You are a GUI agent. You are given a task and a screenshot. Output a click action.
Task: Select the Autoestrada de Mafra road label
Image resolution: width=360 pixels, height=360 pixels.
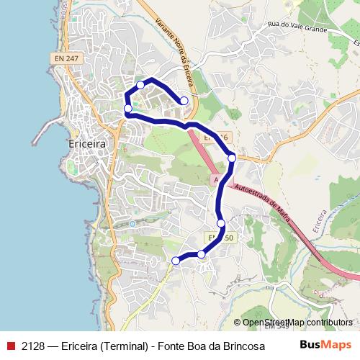265,204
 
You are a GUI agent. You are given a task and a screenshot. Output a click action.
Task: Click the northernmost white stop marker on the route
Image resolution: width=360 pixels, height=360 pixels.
140,85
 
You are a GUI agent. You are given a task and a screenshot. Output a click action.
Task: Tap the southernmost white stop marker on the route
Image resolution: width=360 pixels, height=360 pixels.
176,261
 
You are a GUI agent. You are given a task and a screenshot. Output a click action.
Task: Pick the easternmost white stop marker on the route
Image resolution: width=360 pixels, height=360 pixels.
232,158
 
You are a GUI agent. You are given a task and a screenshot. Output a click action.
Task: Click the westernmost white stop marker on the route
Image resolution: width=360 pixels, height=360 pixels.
128,109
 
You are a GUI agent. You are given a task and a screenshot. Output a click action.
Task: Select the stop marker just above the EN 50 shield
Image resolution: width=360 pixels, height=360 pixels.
221,223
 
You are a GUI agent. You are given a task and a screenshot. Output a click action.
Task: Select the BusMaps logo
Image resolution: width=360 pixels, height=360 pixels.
325,344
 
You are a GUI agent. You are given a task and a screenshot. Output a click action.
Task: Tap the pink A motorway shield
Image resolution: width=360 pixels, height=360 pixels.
215,179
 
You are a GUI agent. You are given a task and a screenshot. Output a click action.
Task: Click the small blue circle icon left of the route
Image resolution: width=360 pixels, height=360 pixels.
132,224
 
